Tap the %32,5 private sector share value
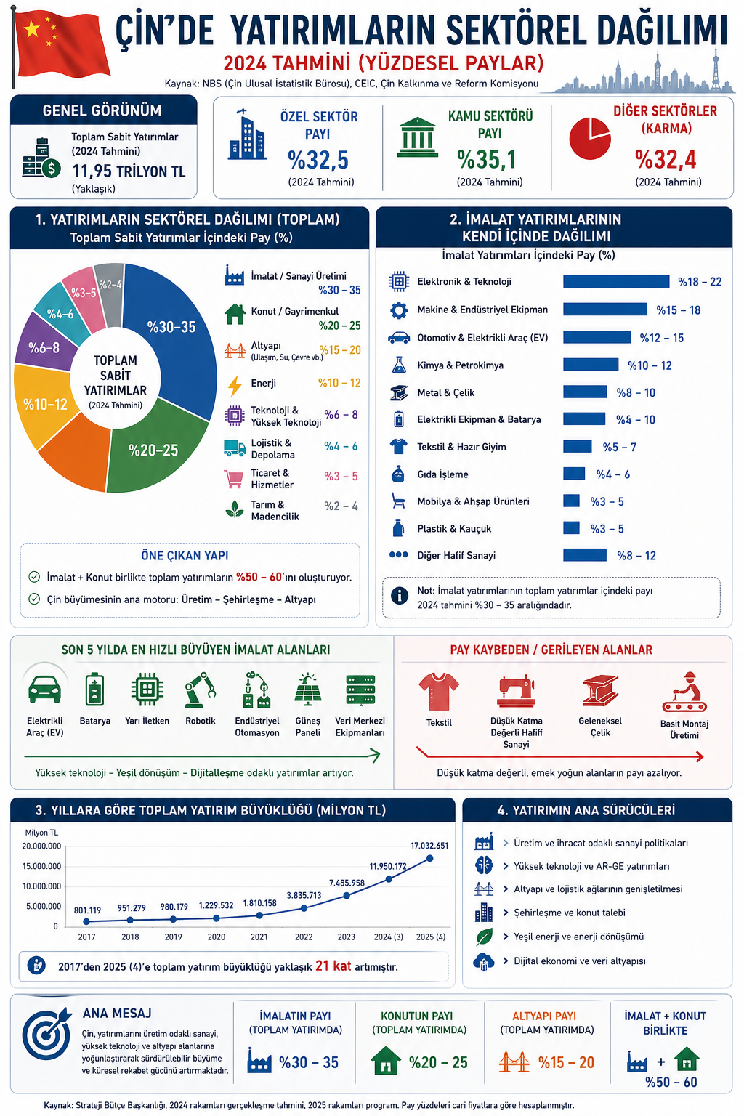318,159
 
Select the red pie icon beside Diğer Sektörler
589,138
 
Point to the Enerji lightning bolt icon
235,384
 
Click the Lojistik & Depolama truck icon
235,448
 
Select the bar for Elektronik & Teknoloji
616,282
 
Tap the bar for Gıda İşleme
574,474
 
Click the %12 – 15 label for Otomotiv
661,338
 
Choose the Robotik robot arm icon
200,690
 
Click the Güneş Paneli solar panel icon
307,690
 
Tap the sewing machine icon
516,691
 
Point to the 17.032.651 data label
429,846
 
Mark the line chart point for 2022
304,908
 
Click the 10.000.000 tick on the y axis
41,886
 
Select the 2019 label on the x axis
173,937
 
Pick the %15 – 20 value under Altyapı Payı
566,1063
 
